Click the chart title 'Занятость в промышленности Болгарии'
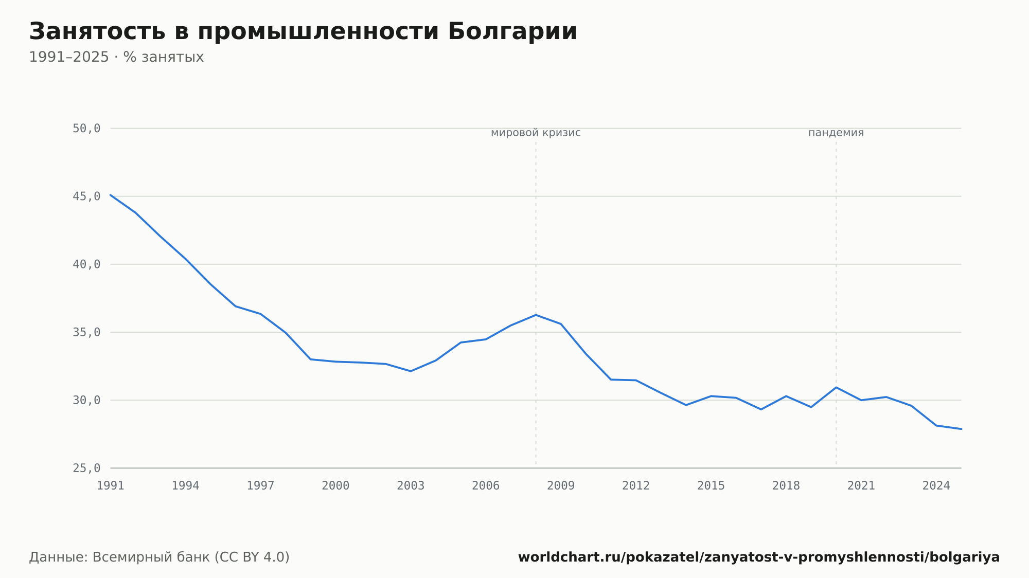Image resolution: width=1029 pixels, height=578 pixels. coord(303,32)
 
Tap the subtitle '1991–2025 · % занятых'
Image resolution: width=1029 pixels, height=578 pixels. coord(116,57)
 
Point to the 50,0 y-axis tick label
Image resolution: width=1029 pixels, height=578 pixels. coord(86,129)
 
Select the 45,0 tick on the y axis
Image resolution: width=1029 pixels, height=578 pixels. coord(86,196)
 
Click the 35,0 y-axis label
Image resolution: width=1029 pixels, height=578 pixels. coord(86,332)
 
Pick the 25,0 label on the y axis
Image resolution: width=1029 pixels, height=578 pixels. coord(86,468)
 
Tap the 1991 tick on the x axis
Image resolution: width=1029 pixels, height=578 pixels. coord(111,486)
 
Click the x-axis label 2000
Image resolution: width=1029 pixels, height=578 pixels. coord(335,486)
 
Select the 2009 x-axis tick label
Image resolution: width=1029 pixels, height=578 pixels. coord(561,486)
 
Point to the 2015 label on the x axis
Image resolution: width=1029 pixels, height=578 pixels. coord(711,486)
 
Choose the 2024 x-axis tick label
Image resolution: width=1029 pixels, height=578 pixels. coord(936,486)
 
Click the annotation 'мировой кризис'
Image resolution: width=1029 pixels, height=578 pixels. coord(536,133)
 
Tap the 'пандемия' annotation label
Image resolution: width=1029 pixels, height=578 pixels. coord(836,133)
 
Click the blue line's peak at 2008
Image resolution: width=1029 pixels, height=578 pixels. coord(536,315)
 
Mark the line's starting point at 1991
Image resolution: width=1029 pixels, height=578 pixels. coord(111,195)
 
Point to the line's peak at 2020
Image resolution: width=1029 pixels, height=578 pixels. coord(836,387)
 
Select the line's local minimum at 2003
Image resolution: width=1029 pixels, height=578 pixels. coord(411,371)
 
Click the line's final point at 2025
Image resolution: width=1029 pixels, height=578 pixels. coord(961,429)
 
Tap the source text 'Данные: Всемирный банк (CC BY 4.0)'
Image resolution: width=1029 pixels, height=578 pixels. coord(159,557)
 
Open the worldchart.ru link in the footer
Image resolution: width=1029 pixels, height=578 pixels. coord(759,557)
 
